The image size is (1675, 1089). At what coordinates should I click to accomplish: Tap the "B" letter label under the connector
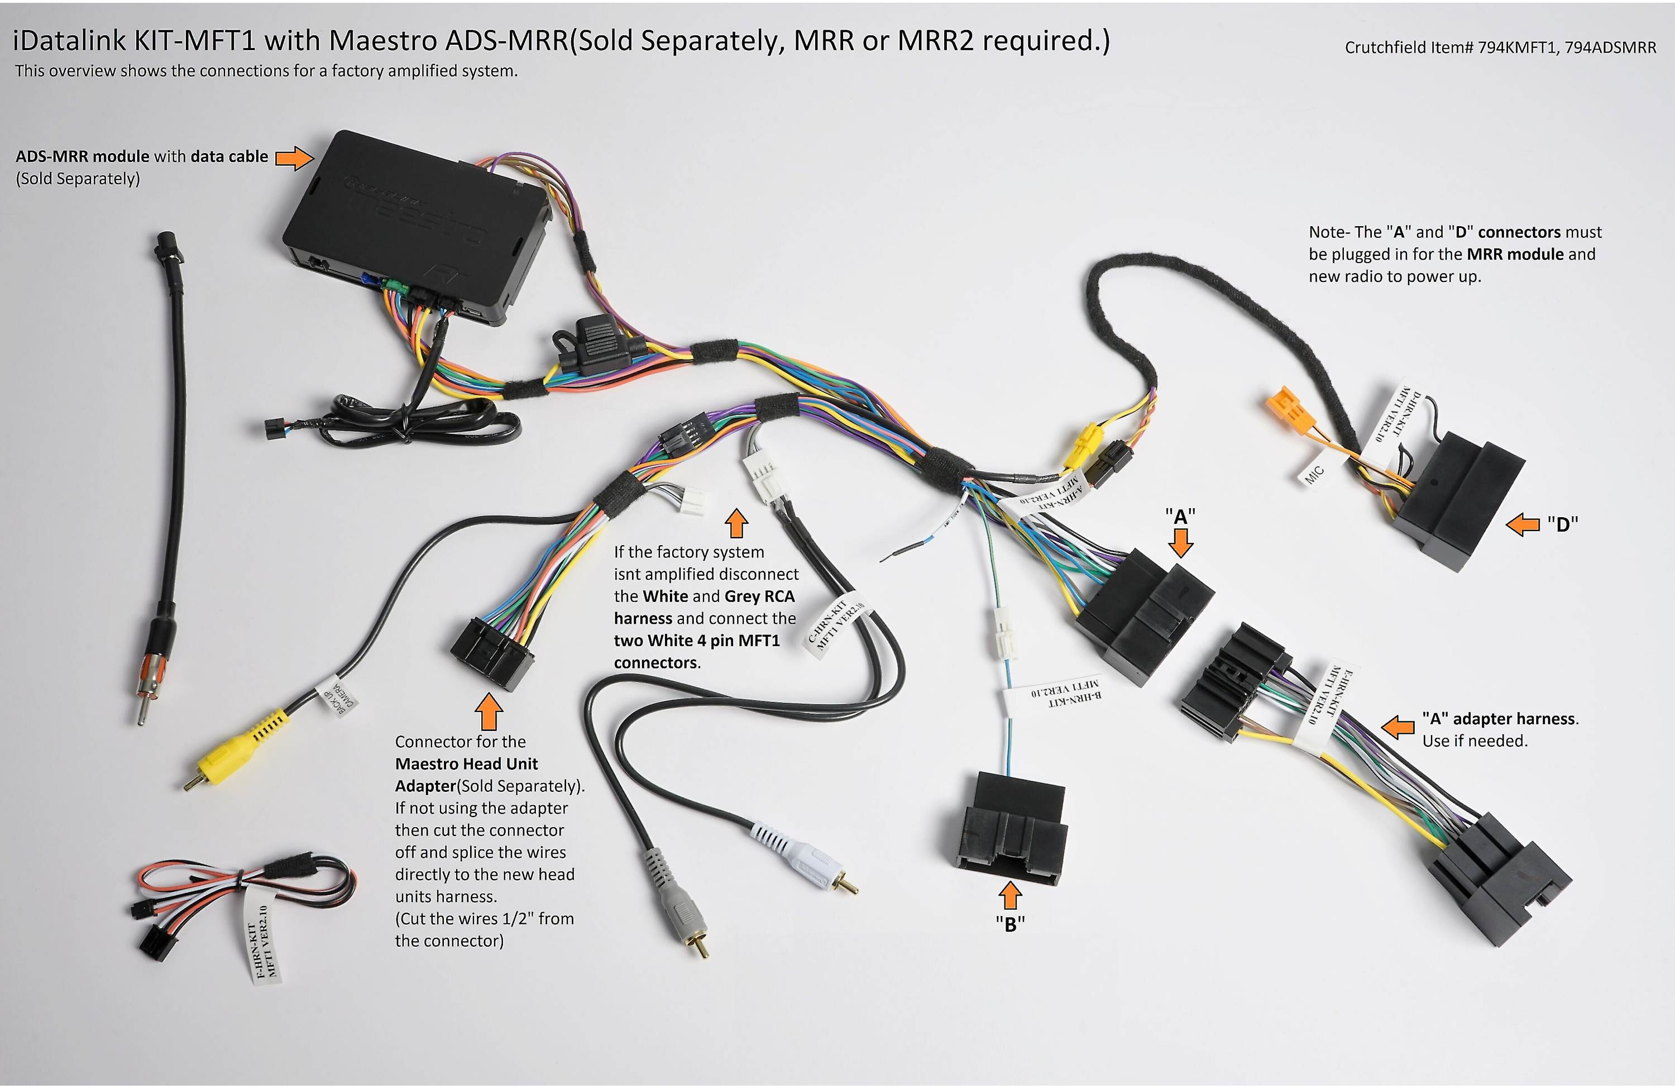tap(1010, 924)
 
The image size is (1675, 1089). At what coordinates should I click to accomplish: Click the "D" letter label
tap(1562, 524)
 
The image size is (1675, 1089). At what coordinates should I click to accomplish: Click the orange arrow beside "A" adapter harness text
tap(1399, 727)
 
